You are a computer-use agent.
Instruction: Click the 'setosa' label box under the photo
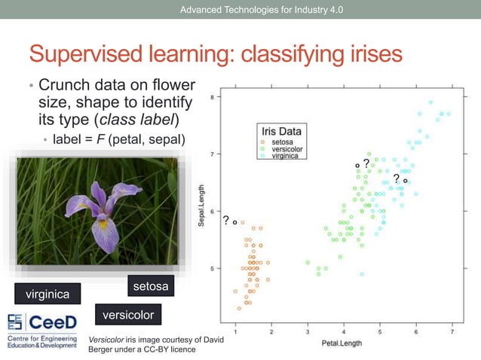(149, 286)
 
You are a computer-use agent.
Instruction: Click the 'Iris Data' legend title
(281, 132)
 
